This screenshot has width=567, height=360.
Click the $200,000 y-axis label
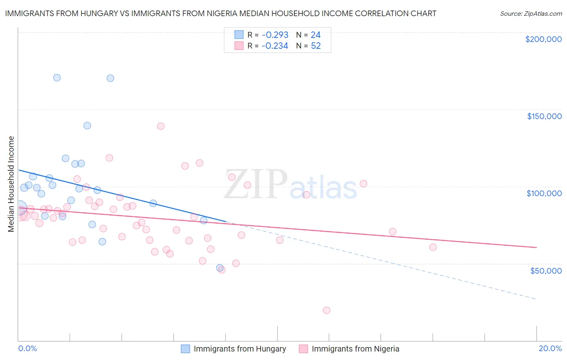coord(543,39)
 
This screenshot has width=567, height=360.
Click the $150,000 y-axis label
coord(544,116)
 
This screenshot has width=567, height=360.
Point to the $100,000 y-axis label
coord(544,193)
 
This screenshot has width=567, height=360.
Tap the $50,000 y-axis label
coord(546,270)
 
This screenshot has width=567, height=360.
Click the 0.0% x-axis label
coord(27,348)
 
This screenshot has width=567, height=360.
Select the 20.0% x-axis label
coord(550,348)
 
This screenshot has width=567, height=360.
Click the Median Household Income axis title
coord(11,184)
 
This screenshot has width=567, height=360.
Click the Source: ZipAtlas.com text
coord(531,13)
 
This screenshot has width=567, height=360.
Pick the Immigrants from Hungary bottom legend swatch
coord(186,349)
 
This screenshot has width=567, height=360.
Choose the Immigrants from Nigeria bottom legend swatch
coord(303,349)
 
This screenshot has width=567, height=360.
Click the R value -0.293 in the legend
coord(275,35)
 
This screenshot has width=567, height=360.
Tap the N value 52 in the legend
coord(316,46)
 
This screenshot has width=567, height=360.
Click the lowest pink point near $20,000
coord(327,310)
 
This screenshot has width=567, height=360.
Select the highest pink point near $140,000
coord(161,126)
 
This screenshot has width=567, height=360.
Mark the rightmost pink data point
coord(433,247)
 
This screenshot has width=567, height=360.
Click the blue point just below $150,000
coord(87,126)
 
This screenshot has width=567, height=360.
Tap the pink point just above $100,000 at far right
coord(363,184)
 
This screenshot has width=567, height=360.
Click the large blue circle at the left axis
coord(19,208)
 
